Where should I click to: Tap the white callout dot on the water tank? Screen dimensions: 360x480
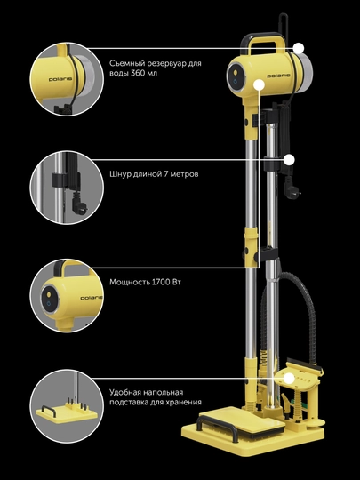[299, 48]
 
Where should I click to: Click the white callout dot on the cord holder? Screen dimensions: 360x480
[289, 160]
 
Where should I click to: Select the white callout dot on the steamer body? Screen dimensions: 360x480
[260, 84]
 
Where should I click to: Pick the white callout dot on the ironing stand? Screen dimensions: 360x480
[289, 379]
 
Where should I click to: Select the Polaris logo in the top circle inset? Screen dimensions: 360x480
[60, 79]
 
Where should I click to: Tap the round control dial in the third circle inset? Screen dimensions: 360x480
[49, 299]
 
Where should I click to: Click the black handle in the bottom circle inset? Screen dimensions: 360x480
[49, 410]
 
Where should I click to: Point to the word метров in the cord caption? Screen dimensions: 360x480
[184, 174]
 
